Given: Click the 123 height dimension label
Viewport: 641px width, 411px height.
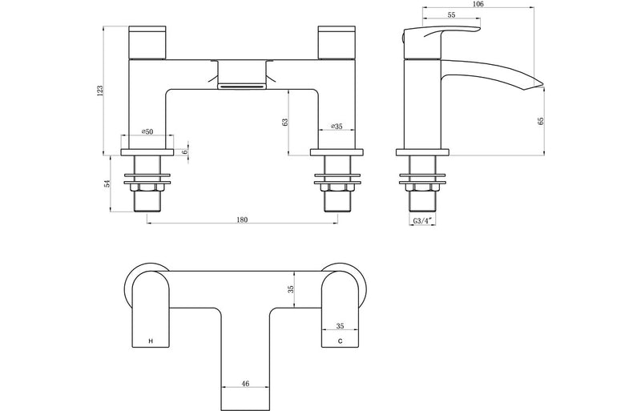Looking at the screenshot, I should coord(100,91).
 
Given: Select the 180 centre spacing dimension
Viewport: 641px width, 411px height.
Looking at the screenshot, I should coord(243,220).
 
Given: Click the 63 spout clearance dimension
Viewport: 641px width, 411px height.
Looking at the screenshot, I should coord(284,122).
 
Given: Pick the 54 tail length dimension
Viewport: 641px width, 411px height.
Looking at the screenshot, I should coord(107,183).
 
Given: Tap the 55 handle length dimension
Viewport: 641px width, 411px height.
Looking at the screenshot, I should coord(451,15).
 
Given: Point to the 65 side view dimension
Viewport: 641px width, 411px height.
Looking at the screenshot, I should coord(540,121).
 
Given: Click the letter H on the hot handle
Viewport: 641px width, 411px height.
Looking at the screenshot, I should coord(150,341).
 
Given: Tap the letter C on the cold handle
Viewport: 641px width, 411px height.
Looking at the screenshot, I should coord(340,341).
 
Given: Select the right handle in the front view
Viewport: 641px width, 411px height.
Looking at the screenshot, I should coord(339,42).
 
